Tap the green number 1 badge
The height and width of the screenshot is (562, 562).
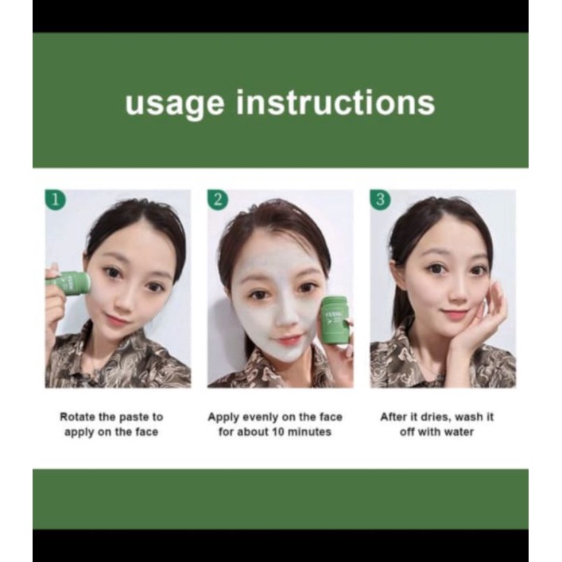(53, 199)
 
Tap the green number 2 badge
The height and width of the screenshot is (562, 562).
(216, 199)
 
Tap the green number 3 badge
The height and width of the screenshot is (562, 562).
(379, 199)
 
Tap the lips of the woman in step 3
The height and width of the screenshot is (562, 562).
(455, 315)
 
